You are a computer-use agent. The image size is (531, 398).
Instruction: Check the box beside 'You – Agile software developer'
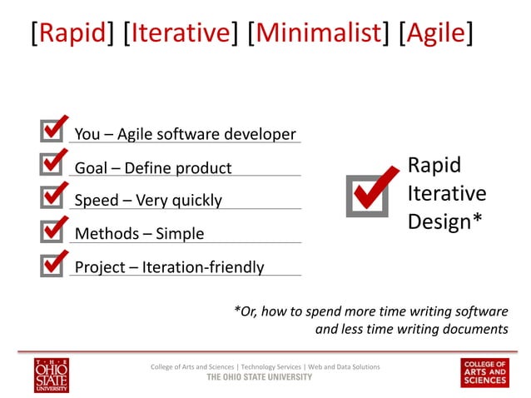[52, 131]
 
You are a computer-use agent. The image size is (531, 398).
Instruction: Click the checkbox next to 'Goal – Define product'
[52, 164]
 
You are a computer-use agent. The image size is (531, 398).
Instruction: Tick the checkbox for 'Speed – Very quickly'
[52, 197]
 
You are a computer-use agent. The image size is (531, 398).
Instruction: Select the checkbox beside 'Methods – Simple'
[52, 231]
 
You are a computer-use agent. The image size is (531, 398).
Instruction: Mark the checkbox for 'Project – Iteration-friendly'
[52, 264]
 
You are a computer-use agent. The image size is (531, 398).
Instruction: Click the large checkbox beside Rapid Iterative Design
[368, 194]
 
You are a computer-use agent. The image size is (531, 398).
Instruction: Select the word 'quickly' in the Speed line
[196, 201]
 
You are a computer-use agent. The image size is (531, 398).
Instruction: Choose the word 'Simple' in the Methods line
[179, 234]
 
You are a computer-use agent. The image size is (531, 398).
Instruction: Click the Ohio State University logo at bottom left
[52, 374]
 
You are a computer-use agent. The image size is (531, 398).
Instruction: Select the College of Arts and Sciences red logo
[484, 372]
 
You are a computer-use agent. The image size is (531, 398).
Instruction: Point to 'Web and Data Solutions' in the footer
[345, 366]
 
